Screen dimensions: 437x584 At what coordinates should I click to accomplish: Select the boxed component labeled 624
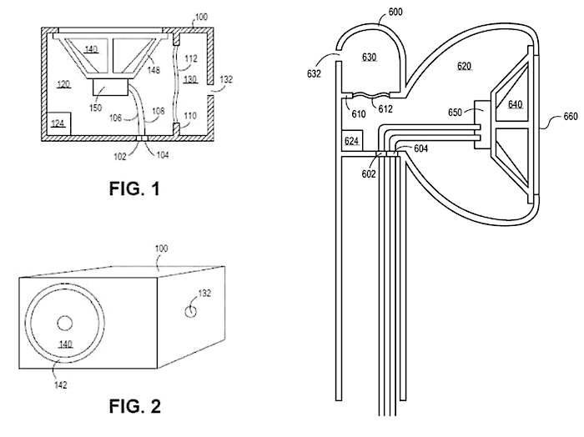coord(352,143)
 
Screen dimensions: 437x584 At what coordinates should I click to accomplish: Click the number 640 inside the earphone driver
coord(516,105)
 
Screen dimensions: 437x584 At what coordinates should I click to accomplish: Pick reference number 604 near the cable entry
coord(420,148)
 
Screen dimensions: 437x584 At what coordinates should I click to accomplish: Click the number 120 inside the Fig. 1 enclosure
coord(63,85)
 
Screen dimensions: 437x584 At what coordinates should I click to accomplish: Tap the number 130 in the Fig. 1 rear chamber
coord(191,79)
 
